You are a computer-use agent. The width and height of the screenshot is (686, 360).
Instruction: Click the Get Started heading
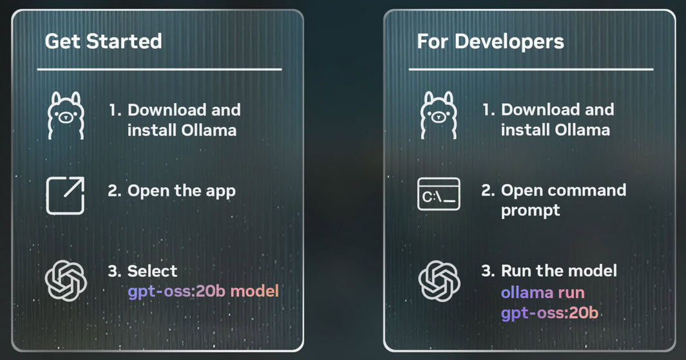pyautogui.click(x=103, y=42)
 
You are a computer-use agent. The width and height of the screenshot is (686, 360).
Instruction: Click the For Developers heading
pyautogui.click(x=490, y=42)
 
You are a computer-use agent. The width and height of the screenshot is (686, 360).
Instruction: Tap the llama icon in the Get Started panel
pyautogui.click(x=66, y=116)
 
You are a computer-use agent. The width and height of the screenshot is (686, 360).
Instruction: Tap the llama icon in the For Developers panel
pyautogui.click(x=439, y=116)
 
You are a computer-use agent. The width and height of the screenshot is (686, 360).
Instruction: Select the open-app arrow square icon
pyautogui.click(x=66, y=195)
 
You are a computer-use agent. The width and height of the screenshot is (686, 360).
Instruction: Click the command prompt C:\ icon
pyautogui.click(x=439, y=195)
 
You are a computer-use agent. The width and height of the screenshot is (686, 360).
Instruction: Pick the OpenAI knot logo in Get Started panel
pyautogui.click(x=66, y=279)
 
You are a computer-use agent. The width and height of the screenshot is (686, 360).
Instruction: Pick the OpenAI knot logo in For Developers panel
pyautogui.click(x=439, y=279)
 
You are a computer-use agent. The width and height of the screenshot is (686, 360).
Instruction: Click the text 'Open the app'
pyautogui.click(x=181, y=191)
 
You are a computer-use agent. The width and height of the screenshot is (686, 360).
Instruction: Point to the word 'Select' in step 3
pyautogui.click(x=152, y=270)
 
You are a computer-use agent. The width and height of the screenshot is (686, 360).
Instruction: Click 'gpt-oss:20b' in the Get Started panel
pyautogui.click(x=176, y=291)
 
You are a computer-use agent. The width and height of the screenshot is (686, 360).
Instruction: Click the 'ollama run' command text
pyautogui.click(x=542, y=293)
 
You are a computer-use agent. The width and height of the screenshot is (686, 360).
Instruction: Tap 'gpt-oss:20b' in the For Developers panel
pyautogui.click(x=549, y=314)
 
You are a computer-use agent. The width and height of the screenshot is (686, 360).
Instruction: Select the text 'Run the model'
pyautogui.click(x=558, y=270)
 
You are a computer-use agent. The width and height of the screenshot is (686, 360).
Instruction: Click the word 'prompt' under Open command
pyautogui.click(x=530, y=211)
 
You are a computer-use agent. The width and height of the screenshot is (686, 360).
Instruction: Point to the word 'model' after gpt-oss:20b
pyautogui.click(x=254, y=291)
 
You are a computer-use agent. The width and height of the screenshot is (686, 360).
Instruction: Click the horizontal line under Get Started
pyautogui.click(x=159, y=69)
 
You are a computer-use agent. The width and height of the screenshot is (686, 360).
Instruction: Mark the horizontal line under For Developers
pyautogui.click(x=530, y=69)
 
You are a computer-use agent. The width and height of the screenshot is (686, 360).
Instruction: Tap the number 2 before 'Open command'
pyautogui.click(x=487, y=191)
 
